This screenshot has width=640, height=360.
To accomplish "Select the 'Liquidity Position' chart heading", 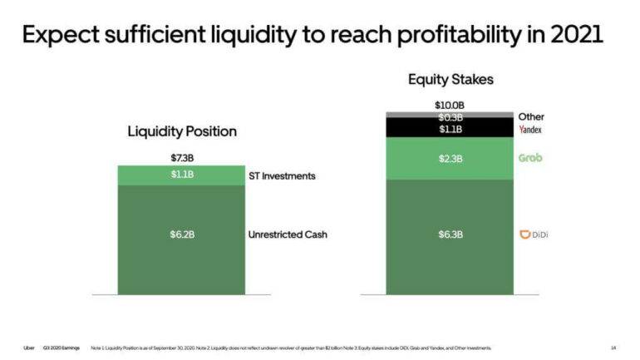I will click(182, 131).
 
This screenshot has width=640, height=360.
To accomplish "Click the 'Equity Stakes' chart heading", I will click(450, 80).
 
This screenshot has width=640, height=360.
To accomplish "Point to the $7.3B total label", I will click(181, 158).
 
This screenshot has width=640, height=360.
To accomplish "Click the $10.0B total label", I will click(450, 106).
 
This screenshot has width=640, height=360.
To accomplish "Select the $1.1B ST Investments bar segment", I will click(181, 175).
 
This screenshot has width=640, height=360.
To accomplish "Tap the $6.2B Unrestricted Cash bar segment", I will click(181, 235).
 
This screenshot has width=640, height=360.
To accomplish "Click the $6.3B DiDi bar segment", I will click(450, 235).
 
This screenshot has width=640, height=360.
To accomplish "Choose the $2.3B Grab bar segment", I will click(450, 158).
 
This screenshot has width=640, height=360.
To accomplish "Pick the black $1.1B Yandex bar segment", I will click(450, 129).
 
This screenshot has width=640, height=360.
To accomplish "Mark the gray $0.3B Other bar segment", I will click(450, 115).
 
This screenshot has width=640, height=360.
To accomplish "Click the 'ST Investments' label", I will click(282, 176).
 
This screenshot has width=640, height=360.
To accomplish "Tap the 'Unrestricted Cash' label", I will click(288, 235).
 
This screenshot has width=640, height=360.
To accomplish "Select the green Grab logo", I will click(529, 157).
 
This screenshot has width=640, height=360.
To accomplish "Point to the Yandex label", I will click(530, 131).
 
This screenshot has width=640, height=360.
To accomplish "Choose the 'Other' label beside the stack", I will click(531, 117).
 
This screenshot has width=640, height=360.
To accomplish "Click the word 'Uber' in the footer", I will click(29, 348).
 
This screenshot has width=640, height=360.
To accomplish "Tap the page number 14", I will click(613, 348).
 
